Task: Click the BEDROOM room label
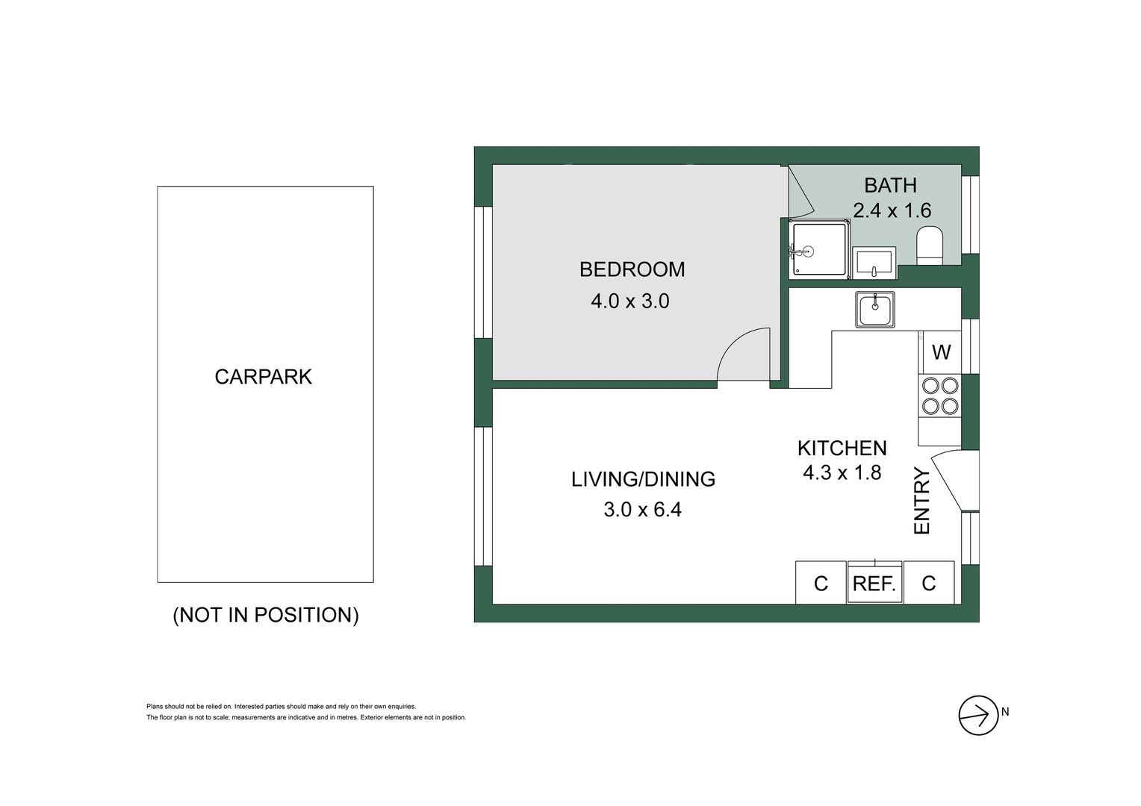coord(632,269)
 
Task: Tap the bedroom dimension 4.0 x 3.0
coord(629,302)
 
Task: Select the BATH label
coord(890,185)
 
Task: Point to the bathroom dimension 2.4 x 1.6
coord(892,210)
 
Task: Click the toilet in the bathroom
coord(930,246)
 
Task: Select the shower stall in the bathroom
coord(820,250)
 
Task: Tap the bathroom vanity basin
coord(874,263)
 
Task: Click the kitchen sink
coord(875,309)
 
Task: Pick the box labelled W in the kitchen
coord(942,352)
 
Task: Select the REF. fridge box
coord(874,584)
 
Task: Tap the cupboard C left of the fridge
coord(821,584)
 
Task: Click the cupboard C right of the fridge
coord(929,583)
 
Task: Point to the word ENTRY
coord(923,501)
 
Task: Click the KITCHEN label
coord(842,449)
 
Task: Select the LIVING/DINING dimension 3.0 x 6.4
coord(642,510)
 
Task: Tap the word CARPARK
coord(264,377)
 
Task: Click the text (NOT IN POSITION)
coord(266,616)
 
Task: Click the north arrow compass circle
coord(978,716)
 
